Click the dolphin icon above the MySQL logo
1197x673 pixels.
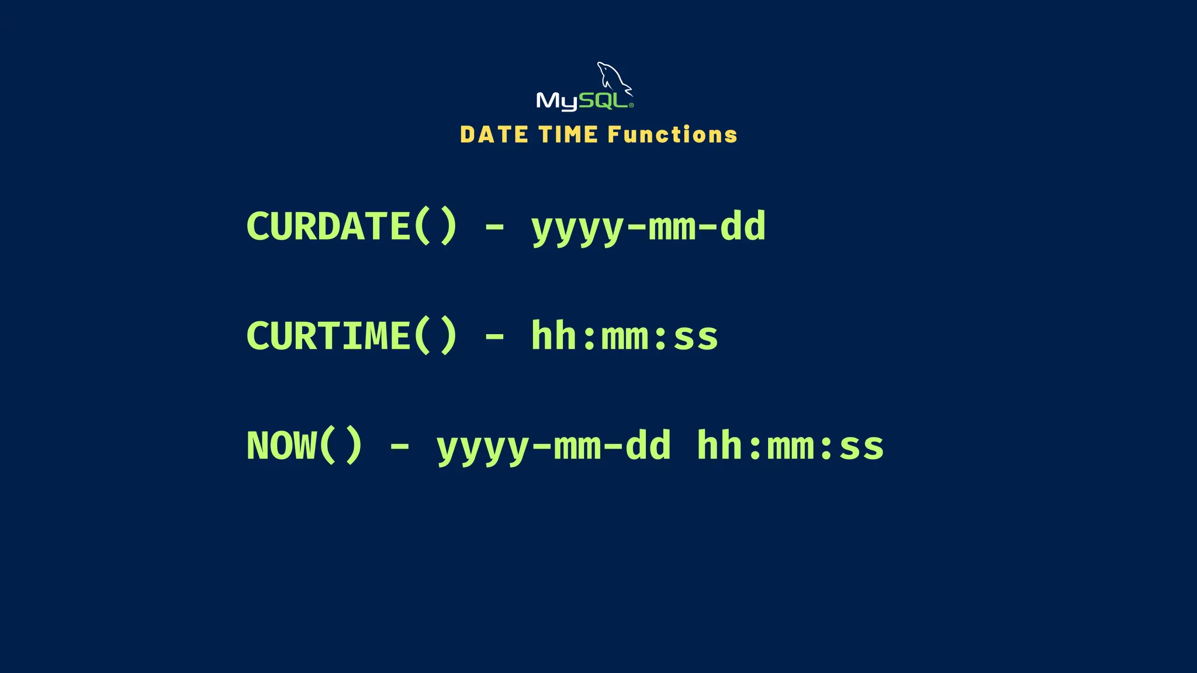(614, 78)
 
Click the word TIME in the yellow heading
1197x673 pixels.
(568, 135)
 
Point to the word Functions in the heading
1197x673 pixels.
(672, 135)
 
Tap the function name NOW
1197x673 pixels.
(281, 446)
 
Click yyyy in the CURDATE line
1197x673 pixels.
(577, 228)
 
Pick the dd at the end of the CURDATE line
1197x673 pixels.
(743, 226)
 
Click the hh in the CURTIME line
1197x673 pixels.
(554, 336)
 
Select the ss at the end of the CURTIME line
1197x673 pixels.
(696, 338)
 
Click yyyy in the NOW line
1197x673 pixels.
(483, 447)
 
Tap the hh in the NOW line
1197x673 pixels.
(720, 446)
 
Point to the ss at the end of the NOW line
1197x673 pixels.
(862, 447)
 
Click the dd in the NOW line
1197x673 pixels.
(648, 446)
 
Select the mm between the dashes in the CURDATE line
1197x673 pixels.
(672, 228)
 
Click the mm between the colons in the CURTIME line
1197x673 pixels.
(625, 338)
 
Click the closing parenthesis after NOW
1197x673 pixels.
(353, 446)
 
